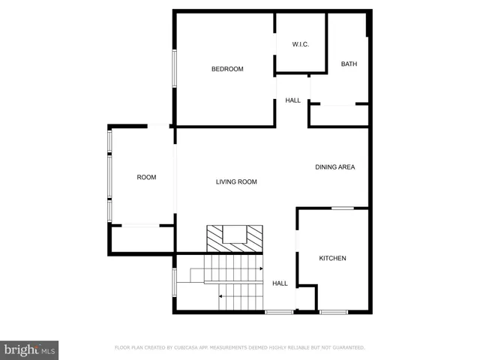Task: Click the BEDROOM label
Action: pyautogui.click(x=227, y=69)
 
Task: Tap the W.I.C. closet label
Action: pyautogui.click(x=300, y=44)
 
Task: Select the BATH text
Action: pyautogui.click(x=349, y=64)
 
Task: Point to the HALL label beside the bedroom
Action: pyautogui.click(x=292, y=100)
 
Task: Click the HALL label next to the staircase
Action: pyautogui.click(x=280, y=283)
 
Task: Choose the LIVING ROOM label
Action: pyautogui.click(x=236, y=181)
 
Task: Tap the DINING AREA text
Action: pyautogui.click(x=334, y=167)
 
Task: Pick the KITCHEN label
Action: pyautogui.click(x=332, y=259)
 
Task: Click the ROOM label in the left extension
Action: pyautogui.click(x=146, y=177)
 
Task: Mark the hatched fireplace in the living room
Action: pyautogui.click(x=235, y=238)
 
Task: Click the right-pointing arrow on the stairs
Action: pyautogui.click(x=259, y=268)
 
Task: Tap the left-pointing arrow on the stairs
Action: pyautogui.click(x=221, y=296)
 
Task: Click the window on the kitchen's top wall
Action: pyautogui.click(x=343, y=208)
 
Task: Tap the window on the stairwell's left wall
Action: pyautogui.click(x=175, y=283)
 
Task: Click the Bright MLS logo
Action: pyautogui.click(x=29, y=349)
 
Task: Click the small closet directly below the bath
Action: pyautogui.click(x=339, y=115)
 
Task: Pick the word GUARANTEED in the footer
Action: pyautogui.click(x=346, y=348)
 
